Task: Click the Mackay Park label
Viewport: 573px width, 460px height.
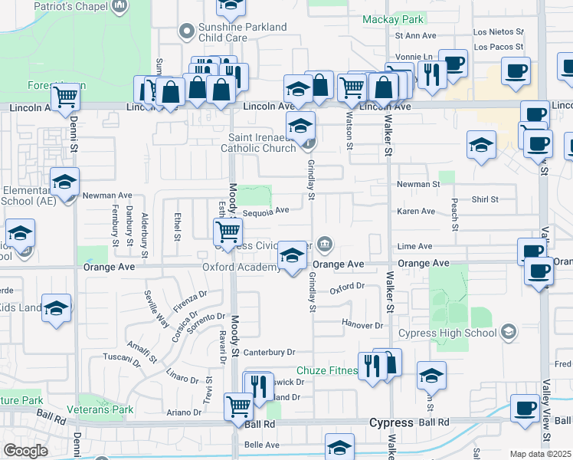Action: [392, 18]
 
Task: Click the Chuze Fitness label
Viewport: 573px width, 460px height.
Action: [327, 371]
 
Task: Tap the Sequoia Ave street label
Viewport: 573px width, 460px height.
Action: [266, 210]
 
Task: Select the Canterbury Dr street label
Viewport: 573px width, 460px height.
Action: [270, 352]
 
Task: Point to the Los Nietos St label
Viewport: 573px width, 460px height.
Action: [498, 32]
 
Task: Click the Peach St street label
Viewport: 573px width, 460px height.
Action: [455, 217]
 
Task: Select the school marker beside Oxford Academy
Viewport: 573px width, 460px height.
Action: [292, 257]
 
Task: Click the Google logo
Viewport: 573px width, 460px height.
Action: [25, 451]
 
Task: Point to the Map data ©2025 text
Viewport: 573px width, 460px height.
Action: [540, 454]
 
